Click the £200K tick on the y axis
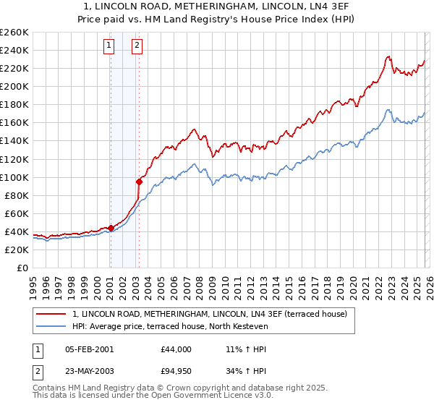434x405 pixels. [x=14, y=86]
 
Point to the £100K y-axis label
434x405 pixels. [x=14, y=177]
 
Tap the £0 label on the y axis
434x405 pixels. [x=22, y=268]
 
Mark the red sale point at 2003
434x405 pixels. [x=139, y=182]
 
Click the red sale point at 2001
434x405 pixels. [x=111, y=228]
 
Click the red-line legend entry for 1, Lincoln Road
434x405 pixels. [x=210, y=314]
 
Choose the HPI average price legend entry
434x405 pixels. [x=170, y=326]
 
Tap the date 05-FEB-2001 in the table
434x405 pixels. [x=89, y=349]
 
